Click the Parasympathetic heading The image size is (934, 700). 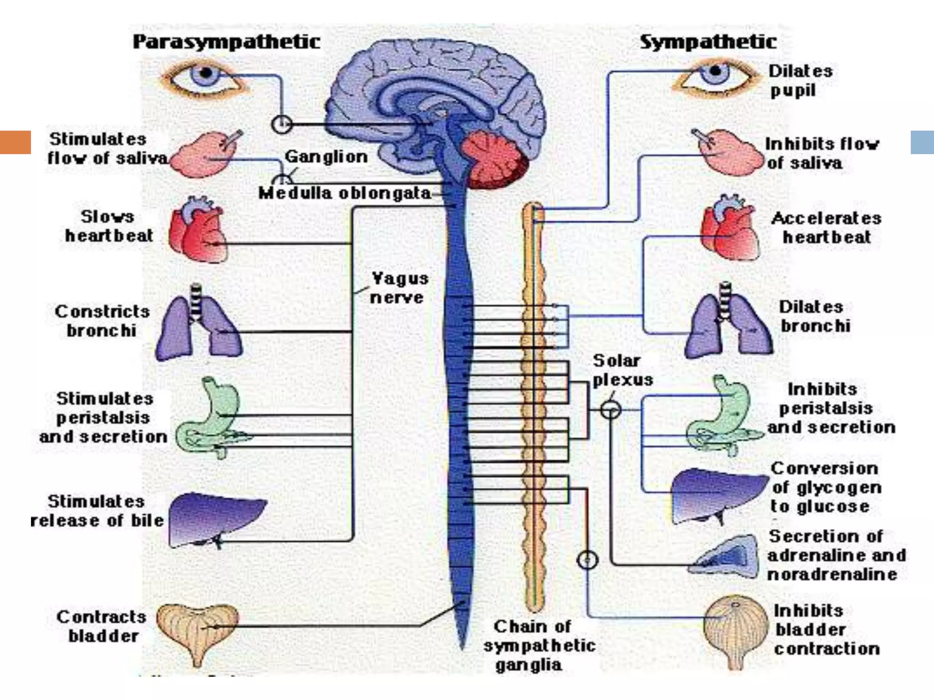coord(227,42)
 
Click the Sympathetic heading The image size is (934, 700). coord(708,42)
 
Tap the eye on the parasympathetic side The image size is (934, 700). coord(204,77)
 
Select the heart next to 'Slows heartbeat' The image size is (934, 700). coord(197,230)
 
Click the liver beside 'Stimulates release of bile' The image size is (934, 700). coord(214,520)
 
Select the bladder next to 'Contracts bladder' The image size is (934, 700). coord(197,631)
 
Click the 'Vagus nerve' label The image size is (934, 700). coord(399,288)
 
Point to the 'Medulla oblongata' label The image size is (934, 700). coord(345,193)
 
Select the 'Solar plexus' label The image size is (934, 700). coord(622,370)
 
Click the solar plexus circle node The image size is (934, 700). coord(610,410)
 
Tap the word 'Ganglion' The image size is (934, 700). coord(326,157)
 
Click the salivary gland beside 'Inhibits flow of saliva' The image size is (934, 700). coord(730,153)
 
